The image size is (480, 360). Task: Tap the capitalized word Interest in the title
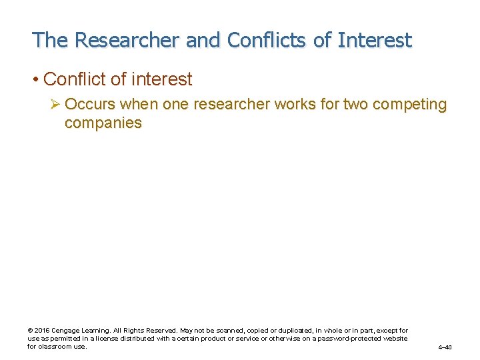(375, 40)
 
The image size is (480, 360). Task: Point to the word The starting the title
(50, 40)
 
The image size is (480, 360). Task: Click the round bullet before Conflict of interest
(35, 79)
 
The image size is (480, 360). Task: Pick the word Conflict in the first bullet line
(74, 79)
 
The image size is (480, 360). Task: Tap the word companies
(103, 123)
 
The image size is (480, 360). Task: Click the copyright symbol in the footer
(30, 331)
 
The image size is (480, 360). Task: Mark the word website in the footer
(395, 339)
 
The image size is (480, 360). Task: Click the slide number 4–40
(445, 347)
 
